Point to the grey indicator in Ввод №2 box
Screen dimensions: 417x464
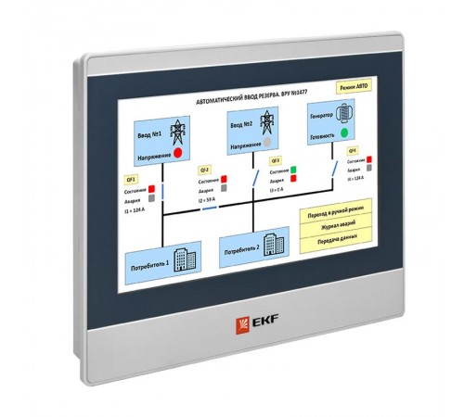tap(268, 145)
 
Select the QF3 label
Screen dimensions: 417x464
tap(275, 161)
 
